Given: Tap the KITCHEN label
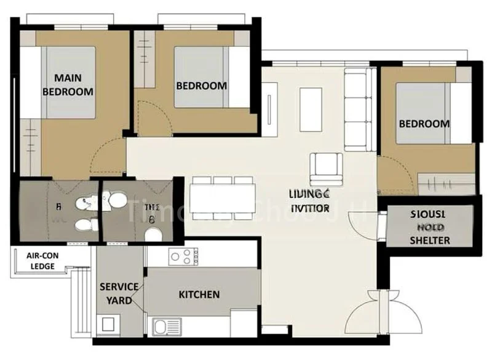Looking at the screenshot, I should coord(199,295).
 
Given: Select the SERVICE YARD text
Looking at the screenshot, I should coord(119,294).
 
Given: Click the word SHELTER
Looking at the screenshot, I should coord(430,240).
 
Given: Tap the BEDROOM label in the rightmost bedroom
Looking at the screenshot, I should coord(424,124).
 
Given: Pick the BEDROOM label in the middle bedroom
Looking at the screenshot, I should coord(201,86).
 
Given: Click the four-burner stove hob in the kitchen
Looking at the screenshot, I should coord(183,256).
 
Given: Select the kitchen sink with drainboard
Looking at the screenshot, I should coord(167,327).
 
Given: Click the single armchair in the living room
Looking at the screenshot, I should coord(326,168).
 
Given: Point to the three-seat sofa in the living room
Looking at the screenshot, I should coord(359,110).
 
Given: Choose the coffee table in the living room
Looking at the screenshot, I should coord(311,109).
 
